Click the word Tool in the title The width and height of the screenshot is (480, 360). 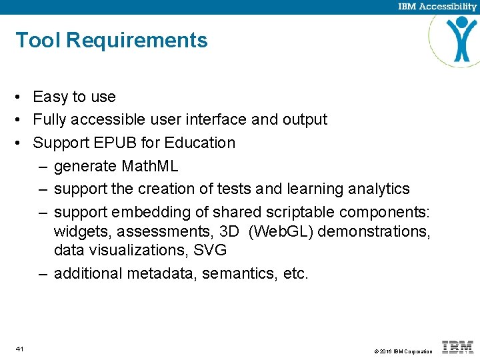[x=39, y=41]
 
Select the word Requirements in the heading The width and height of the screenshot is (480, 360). [x=137, y=41]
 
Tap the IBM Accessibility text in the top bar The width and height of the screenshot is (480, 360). [x=437, y=7]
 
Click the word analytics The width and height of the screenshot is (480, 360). [x=379, y=189]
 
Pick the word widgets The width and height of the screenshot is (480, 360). [x=80, y=231]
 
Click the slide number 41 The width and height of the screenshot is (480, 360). [x=20, y=349]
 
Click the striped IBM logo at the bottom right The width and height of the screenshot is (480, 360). [x=458, y=347]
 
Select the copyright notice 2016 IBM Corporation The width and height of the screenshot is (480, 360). [x=403, y=351]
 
